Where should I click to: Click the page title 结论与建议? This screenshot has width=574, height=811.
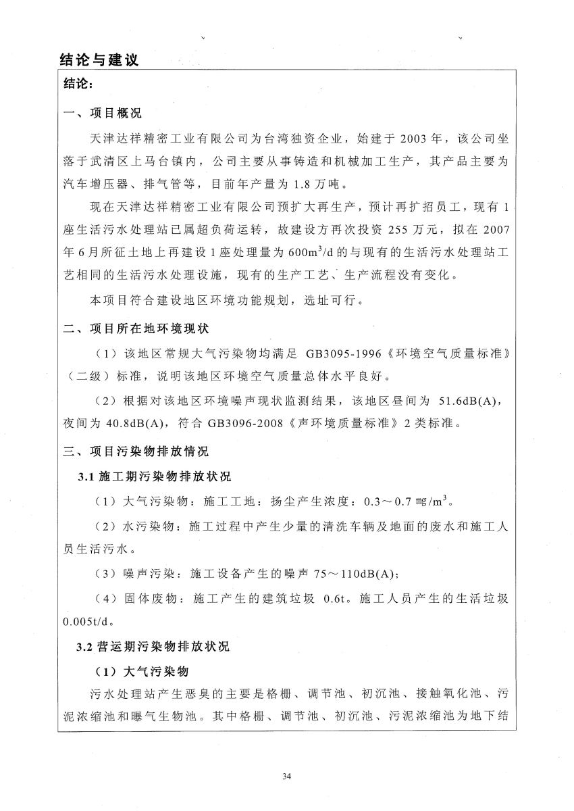coord(99,59)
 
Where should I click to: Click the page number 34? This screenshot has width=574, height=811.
coord(287,775)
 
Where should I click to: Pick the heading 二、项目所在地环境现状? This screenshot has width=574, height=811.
coord(136,328)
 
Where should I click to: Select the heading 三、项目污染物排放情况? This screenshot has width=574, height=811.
coord(136,451)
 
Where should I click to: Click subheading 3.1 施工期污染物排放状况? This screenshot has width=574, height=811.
coord(154,477)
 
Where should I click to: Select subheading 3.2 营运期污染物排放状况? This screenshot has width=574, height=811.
coord(154,647)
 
